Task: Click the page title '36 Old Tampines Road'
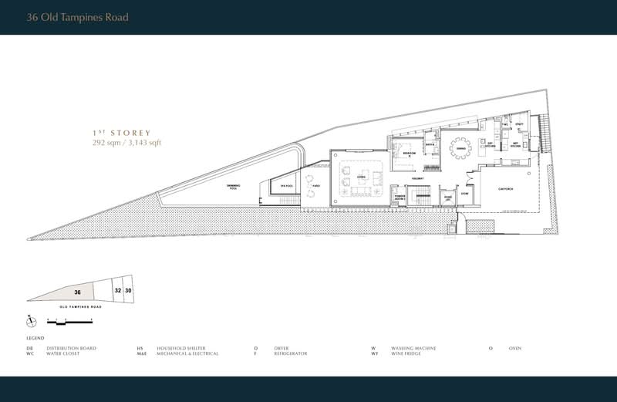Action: [x=77, y=17]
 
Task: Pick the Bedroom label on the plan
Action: [x=409, y=154]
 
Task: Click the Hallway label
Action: [x=420, y=178]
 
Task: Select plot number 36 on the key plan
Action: [x=78, y=292]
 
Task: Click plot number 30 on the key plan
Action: [x=128, y=290]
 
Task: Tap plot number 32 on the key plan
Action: [x=117, y=291]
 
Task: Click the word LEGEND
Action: [x=35, y=339]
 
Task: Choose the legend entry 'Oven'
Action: [x=514, y=348]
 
